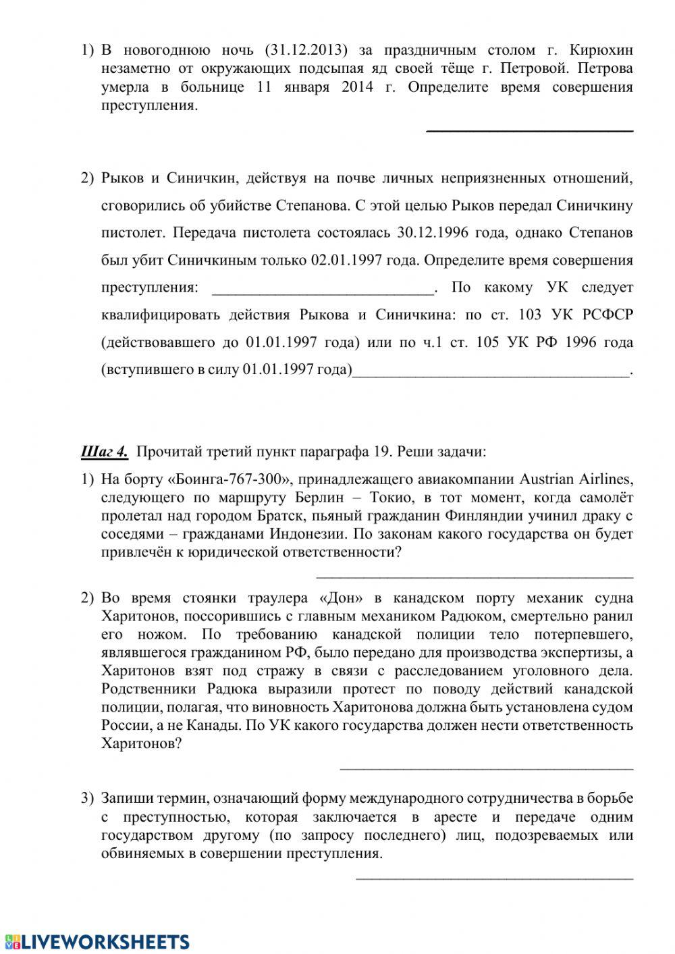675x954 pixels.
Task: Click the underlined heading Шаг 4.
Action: tap(104, 452)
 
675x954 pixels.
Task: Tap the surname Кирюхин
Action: tap(601, 50)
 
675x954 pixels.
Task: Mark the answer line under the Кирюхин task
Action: tap(530, 130)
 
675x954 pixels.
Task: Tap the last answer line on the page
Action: tap(494, 878)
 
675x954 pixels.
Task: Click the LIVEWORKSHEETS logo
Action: tap(97, 941)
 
